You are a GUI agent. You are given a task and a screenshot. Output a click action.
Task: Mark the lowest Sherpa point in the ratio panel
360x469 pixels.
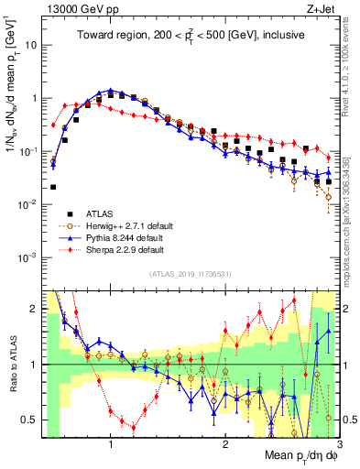(134, 427)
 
